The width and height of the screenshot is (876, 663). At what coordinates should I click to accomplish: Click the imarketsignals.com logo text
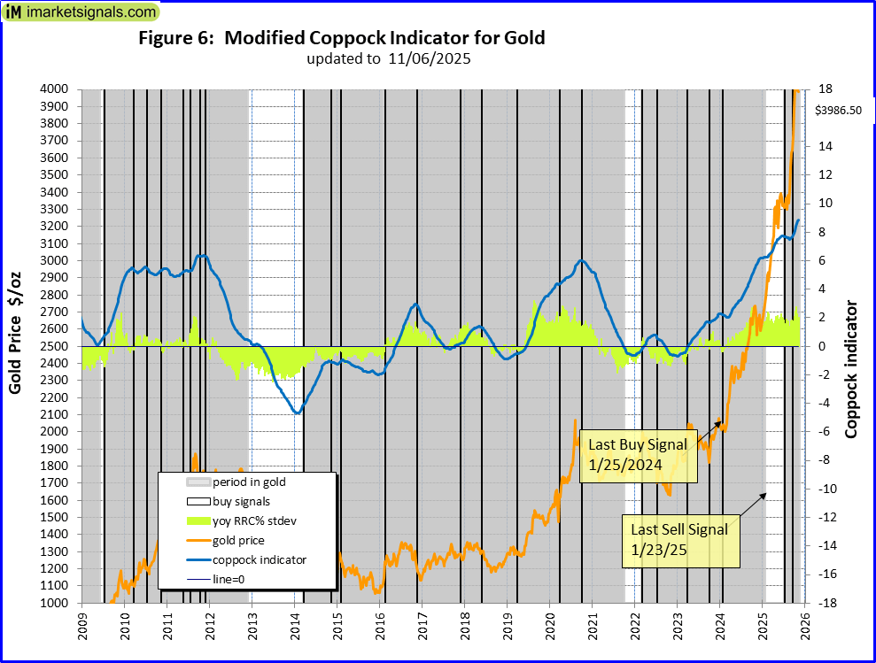pos(89,12)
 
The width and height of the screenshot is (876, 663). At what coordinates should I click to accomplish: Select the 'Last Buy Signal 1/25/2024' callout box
pos(638,456)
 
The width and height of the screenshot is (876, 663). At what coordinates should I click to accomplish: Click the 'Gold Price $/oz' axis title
pos(16,345)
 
